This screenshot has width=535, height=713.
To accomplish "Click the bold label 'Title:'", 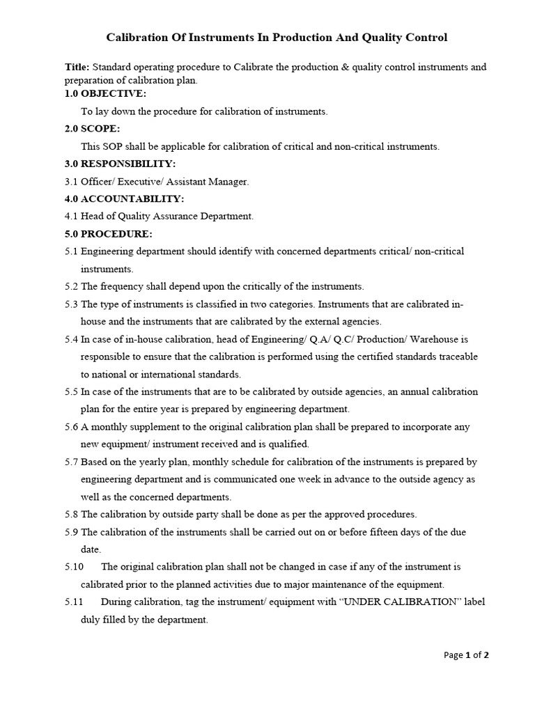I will click(x=77, y=68).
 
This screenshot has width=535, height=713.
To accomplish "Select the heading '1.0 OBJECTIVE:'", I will click(x=105, y=93).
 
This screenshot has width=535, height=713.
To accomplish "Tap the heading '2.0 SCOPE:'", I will click(x=92, y=129).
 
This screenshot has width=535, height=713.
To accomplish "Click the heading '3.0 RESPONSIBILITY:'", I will click(x=120, y=164).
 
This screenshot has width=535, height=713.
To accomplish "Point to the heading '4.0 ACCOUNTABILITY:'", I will click(x=124, y=198).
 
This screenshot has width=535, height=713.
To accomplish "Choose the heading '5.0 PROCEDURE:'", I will click(x=108, y=233).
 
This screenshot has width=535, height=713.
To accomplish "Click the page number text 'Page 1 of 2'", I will click(x=466, y=655).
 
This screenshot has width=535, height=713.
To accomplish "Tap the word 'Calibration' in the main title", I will click(x=139, y=38).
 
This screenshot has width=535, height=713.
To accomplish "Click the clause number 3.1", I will click(x=71, y=181).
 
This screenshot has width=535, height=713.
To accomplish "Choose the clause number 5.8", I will click(x=71, y=515).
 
